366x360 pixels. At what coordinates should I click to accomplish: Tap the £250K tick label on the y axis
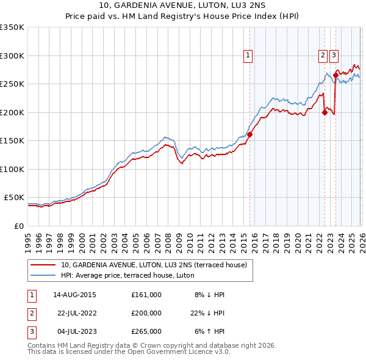pos(12,84)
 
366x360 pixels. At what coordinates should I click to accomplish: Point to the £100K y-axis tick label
pos(12,169)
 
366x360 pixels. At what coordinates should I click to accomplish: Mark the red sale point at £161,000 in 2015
pos(250,135)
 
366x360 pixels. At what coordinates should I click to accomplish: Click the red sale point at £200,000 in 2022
pos(325,112)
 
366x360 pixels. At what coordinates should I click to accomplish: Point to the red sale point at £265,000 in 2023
pos(335,76)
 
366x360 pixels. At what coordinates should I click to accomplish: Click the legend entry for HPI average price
pos(127,275)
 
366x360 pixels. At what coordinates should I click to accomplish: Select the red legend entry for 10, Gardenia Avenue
pos(154,265)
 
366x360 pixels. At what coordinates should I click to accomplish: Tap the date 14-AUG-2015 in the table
pos(74,295)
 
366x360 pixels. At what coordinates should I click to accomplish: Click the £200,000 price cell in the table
pos(146,313)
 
